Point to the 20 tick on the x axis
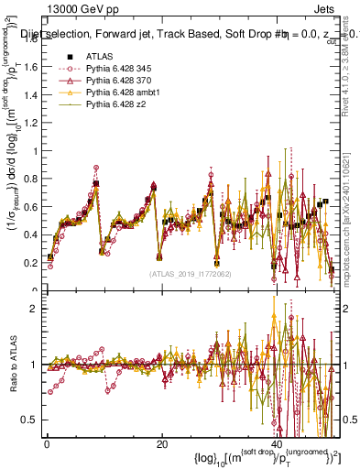pos(161,443)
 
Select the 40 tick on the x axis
pos(276,443)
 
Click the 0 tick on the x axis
pos(47,443)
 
